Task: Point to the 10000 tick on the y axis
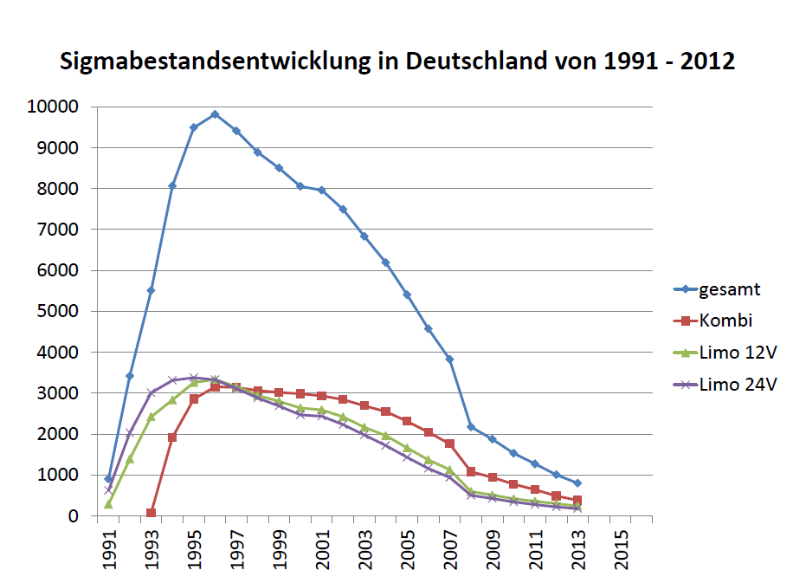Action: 54,107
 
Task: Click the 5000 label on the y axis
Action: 58,312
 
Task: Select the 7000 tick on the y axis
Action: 58,230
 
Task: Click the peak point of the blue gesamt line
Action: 215,114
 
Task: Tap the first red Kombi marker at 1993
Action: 151,513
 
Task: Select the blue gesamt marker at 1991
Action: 108,479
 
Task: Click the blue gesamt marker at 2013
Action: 577,483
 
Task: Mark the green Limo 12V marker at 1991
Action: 108,504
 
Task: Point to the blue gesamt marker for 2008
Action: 471,427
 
